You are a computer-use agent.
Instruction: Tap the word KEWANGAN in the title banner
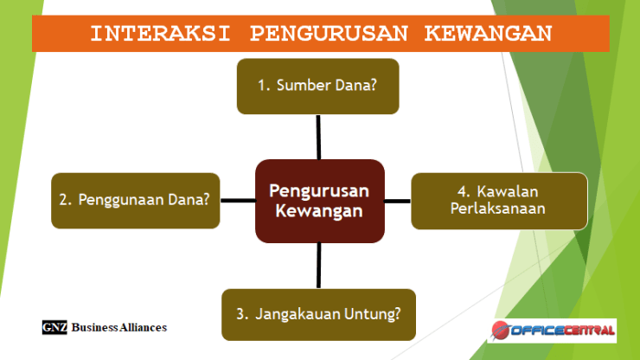click(x=489, y=34)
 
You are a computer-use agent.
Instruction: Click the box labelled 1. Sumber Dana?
click(x=317, y=86)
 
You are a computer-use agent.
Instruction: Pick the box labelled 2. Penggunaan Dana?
click(x=135, y=200)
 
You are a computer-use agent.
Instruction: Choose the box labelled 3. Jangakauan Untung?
click(x=318, y=313)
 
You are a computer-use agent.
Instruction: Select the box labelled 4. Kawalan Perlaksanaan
click(x=499, y=201)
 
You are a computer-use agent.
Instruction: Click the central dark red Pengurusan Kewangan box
click(x=318, y=201)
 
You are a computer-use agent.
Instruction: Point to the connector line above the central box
click(x=318, y=137)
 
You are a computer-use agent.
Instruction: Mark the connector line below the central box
click(x=318, y=265)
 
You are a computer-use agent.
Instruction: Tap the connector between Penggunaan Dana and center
click(x=237, y=200)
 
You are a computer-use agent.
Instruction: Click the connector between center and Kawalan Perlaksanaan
click(x=397, y=201)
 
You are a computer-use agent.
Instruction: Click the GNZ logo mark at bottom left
click(x=54, y=328)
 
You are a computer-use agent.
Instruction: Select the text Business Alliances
click(x=119, y=328)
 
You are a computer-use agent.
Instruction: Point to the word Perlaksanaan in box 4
click(x=498, y=209)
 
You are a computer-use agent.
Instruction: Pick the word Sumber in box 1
click(x=299, y=86)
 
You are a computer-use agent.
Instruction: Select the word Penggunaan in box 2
click(x=119, y=200)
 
